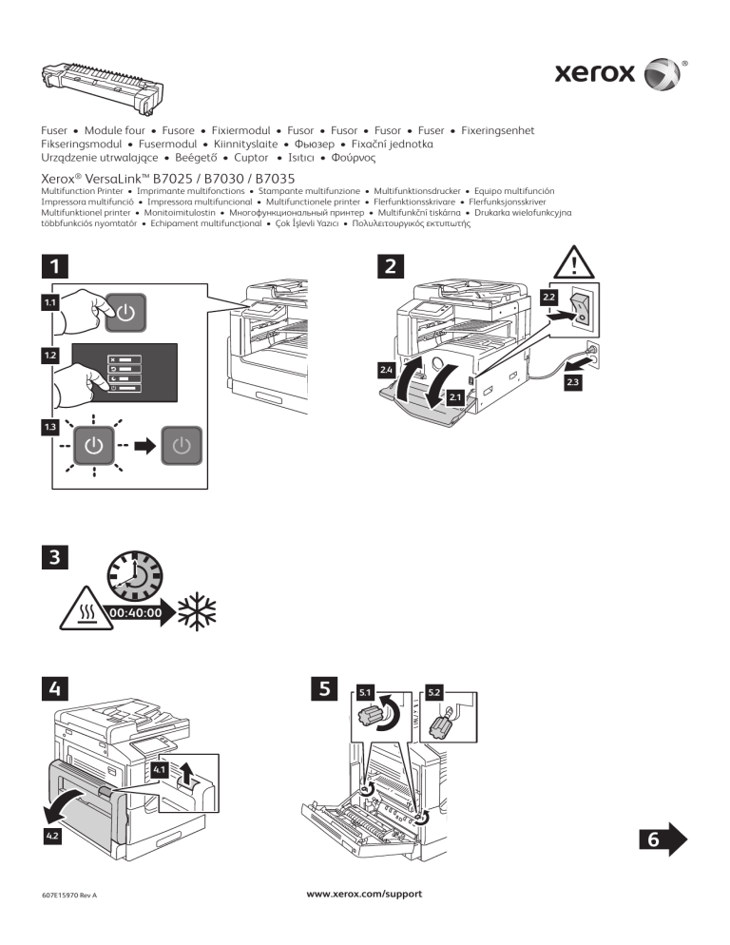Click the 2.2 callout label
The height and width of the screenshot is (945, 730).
[x=548, y=298]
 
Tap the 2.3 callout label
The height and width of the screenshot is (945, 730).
[x=574, y=382]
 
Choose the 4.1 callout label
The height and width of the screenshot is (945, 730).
[x=159, y=768]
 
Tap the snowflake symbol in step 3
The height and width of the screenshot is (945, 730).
[x=197, y=611]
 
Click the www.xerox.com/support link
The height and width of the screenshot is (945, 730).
[x=364, y=894]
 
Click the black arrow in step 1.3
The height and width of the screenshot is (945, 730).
[x=143, y=445]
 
